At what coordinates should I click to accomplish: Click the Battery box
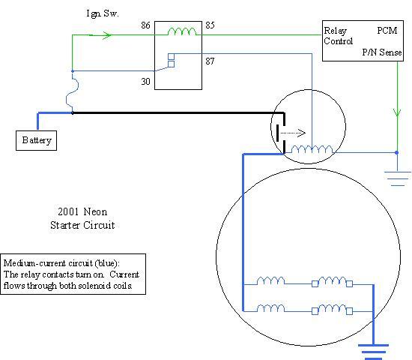tap(36, 140)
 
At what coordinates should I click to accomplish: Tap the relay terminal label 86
tap(145, 25)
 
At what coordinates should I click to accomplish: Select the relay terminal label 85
tap(210, 25)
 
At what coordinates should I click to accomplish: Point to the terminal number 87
tap(210, 61)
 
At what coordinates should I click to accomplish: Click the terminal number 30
tap(145, 82)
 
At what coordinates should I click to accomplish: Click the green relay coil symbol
tap(182, 31)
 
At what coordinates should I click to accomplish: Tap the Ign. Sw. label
tap(103, 13)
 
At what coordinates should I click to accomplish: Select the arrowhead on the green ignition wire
tap(107, 35)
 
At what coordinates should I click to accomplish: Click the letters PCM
tap(387, 31)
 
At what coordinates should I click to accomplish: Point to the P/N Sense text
tap(382, 52)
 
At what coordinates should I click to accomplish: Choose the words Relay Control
tap(338, 36)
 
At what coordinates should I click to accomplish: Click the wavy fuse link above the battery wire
tap(72, 92)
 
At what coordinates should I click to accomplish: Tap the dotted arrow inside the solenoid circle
tap(293, 133)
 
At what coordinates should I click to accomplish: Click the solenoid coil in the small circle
tap(312, 149)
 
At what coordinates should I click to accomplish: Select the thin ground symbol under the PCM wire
tap(398, 178)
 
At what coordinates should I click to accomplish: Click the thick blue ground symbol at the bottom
tap(373, 352)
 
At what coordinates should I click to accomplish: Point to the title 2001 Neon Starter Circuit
tap(82, 218)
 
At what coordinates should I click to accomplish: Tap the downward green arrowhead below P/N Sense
tap(397, 112)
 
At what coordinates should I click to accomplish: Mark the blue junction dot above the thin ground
tap(397, 153)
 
